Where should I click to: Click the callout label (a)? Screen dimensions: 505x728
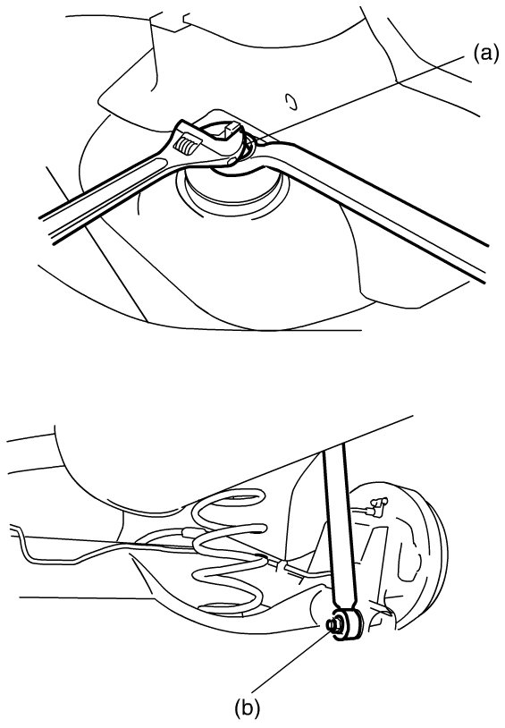click(485, 54)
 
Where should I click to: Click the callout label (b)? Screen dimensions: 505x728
click(247, 708)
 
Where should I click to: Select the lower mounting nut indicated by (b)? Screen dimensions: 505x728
click(332, 625)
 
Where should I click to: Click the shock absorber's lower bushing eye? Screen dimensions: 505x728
click(347, 624)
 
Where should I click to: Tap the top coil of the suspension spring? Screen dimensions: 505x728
click(227, 504)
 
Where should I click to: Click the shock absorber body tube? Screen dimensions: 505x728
click(339, 527)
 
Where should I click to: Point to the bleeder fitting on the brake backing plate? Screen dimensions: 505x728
click(377, 505)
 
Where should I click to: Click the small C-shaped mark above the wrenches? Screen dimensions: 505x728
click(291, 101)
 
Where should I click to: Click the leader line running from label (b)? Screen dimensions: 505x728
click(291, 661)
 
